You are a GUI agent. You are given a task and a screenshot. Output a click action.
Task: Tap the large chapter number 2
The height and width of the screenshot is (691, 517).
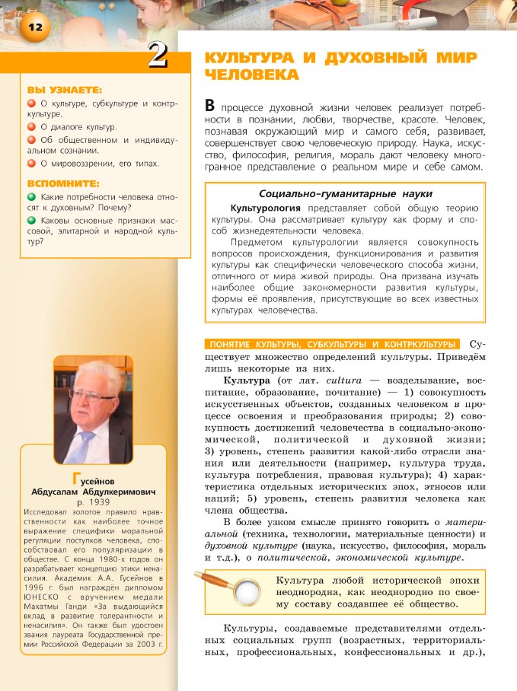tap(158, 57)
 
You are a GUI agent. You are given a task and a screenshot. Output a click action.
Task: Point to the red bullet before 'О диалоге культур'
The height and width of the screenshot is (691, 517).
tap(31, 127)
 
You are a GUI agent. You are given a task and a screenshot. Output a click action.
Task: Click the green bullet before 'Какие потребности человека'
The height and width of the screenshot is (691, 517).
tap(31, 196)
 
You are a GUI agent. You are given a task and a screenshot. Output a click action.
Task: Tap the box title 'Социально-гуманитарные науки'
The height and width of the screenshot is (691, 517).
tap(346, 193)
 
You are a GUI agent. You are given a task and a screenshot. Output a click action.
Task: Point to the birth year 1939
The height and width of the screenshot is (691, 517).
tap(101, 503)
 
